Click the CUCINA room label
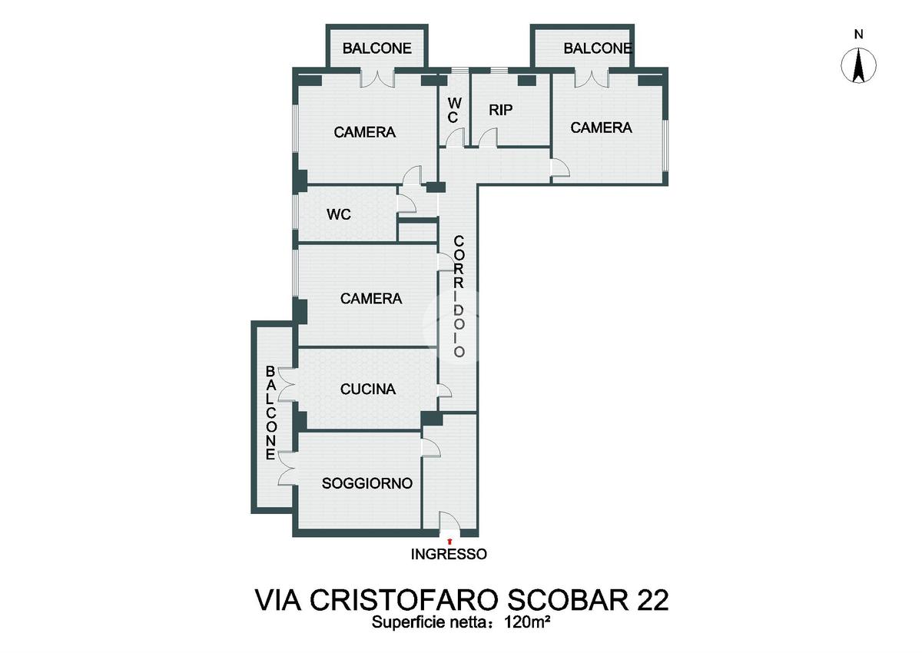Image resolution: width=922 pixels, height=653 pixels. coord(368,389)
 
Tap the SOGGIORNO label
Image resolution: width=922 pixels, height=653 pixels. coord(367,483)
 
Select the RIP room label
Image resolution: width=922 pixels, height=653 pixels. coord(501,110)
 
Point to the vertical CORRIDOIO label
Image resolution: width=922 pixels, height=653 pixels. coord(459,296)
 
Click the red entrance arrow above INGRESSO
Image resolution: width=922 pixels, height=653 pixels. coord(449,541)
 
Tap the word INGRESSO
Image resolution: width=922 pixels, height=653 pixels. coord(449,554)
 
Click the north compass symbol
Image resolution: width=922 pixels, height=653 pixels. coord(858,65)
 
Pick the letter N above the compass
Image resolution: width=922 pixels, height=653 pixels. coord(858,35)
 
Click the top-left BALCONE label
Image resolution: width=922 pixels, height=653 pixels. coord(377,48)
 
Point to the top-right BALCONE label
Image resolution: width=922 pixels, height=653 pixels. coord(598,48)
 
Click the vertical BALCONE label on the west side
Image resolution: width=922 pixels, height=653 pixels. coord(270,413)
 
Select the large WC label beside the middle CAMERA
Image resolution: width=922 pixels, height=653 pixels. coord(338,214)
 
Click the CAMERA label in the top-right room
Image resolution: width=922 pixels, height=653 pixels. coord(601,128)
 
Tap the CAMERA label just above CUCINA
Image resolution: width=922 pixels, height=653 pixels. coord(371,299)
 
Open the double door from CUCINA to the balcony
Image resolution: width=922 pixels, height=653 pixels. coord(287,384)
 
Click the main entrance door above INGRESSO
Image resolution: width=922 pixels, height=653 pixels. coord(449,522)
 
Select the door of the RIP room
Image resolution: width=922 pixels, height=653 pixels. coord(488,137)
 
